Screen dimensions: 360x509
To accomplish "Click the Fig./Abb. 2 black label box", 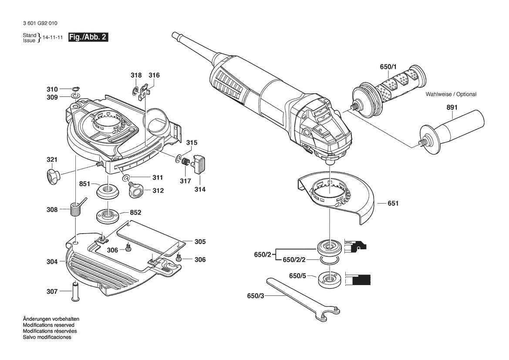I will pyautogui.click(x=88, y=37).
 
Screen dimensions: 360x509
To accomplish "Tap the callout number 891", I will pyautogui.click(x=452, y=108).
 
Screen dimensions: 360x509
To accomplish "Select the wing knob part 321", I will pyautogui.click(x=53, y=176).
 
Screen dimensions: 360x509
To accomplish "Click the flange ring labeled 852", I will pyautogui.click(x=106, y=215).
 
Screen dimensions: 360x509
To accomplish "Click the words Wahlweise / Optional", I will pyautogui.click(x=451, y=94).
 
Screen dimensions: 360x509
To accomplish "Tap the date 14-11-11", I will pyautogui.click(x=52, y=38).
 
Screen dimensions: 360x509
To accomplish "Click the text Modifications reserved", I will pyautogui.click(x=48, y=325).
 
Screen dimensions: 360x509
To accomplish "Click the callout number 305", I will pyautogui.click(x=200, y=241).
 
